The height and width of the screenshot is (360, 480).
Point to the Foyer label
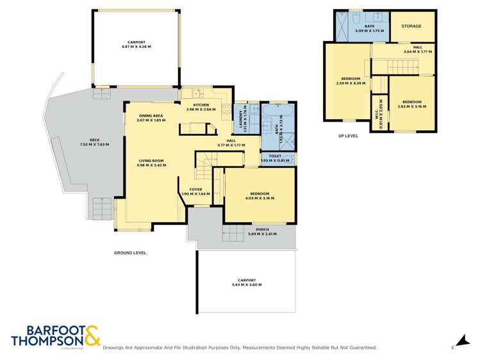tap(195, 192)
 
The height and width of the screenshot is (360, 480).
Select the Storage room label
tap(411, 26)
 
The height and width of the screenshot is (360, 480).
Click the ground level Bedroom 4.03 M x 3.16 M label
tap(260, 196)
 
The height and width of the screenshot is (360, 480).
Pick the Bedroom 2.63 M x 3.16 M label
tap(411, 104)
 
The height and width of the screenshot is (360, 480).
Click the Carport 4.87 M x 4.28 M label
tap(135, 45)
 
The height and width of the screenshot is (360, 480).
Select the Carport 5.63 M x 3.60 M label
tap(246, 282)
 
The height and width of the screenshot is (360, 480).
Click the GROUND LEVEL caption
tap(130, 253)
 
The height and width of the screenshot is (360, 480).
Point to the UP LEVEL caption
tap(348, 136)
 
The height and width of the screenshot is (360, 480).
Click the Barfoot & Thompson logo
tap(55, 337)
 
